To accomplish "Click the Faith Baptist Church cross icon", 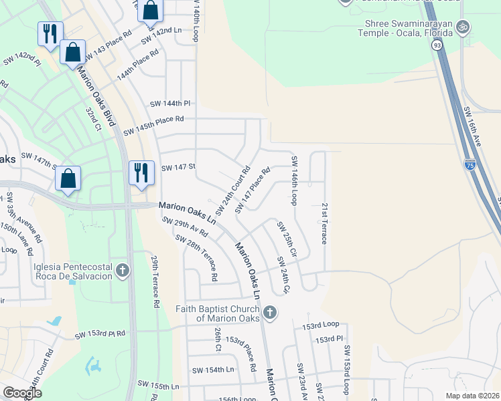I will pos(269,312).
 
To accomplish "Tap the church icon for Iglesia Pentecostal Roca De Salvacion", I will pos(122,271).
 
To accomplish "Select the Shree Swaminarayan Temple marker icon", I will pos(461,27).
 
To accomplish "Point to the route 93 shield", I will pos(437,45).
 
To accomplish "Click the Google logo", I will pos(22,393).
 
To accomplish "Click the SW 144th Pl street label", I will pos(171,104).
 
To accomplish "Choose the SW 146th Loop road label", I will pos(293,181).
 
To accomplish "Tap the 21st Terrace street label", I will pos(324,223).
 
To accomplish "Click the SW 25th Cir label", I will pos(286,240).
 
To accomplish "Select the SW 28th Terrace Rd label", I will pos(197,257).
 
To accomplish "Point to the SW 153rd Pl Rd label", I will pos(100,333).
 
